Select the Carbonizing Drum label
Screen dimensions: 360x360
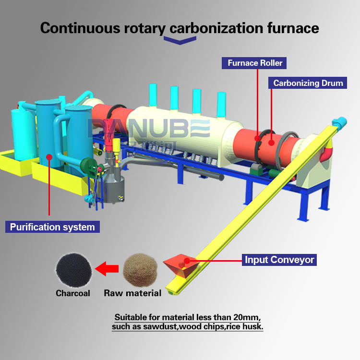click(x=308, y=83)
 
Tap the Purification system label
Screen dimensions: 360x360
click(x=52, y=227)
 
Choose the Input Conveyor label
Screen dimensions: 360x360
click(x=279, y=260)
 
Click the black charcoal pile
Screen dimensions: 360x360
click(x=72, y=269)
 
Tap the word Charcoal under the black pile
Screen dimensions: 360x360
click(x=72, y=293)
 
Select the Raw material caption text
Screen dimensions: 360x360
click(x=132, y=293)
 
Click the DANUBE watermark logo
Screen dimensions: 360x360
click(x=149, y=129)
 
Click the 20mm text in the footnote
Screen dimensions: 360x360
click(x=242, y=317)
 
